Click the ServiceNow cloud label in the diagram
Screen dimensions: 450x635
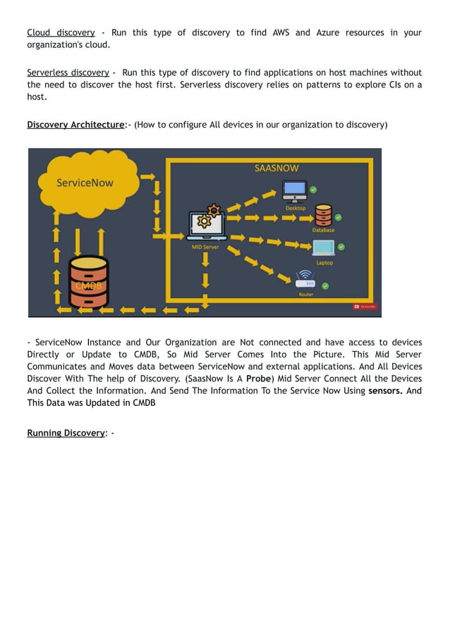[x=85, y=183]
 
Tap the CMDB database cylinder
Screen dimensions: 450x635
[x=88, y=282]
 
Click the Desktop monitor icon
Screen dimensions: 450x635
[x=294, y=191]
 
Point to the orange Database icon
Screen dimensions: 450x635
[x=323, y=214]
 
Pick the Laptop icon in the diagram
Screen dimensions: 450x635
[x=324, y=248]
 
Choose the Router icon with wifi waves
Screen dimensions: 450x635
[x=305, y=278]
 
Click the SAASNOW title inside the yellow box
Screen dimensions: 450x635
[x=276, y=168]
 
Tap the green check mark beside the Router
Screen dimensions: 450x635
[x=325, y=285]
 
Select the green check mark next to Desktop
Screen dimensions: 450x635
[x=313, y=190]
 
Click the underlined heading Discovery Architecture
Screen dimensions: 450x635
[x=75, y=125]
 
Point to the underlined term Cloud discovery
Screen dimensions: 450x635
[x=61, y=32]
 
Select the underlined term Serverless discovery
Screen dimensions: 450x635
[x=68, y=73]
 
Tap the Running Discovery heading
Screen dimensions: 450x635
[x=66, y=433]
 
